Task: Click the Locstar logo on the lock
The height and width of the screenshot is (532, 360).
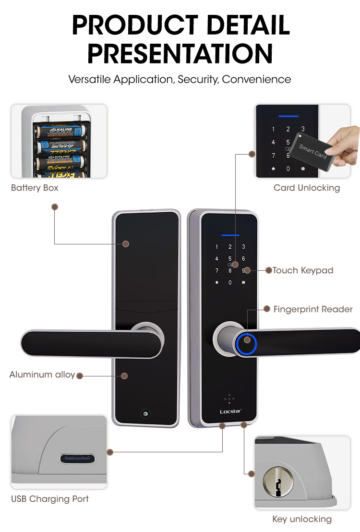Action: [x=230, y=411]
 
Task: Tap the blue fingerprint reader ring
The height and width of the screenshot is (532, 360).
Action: [x=246, y=341]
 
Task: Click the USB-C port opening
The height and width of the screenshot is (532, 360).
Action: [x=77, y=458]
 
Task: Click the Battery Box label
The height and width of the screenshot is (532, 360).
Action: [x=35, y=188]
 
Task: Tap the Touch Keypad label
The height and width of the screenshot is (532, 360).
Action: [x=303, y=270]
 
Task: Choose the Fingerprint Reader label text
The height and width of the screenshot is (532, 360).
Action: [x=313, y=309]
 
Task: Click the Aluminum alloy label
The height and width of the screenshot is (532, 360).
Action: [x=42, y=375]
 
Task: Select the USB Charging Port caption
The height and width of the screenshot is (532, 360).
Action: [x=50, y=499]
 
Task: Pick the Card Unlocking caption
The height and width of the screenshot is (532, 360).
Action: [x=307, y=188]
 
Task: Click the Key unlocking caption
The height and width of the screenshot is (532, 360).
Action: [x=302, y=519]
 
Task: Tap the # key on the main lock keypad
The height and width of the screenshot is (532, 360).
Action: [x=243, y=282]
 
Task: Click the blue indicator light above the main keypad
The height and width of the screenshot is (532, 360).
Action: [x=230, y=236]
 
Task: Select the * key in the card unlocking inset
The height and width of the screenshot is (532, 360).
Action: [x=274, y=169]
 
